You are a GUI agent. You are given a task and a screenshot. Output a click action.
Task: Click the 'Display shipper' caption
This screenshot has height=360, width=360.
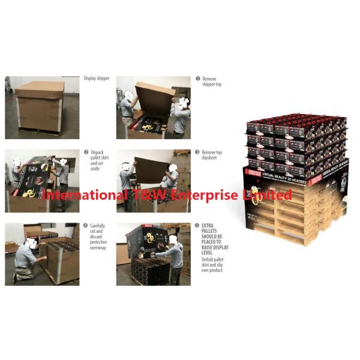click(x=97, y=79)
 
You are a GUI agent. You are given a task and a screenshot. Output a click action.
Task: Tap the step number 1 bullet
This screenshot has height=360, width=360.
click(x=197, y=79)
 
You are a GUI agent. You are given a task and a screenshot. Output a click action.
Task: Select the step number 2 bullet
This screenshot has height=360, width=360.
click(x=86, y=152)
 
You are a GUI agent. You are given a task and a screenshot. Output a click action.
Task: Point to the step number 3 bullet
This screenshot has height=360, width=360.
click(x=197, y=152)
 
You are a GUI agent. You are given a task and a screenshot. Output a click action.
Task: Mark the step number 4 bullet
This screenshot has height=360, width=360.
click(x=86, y=226)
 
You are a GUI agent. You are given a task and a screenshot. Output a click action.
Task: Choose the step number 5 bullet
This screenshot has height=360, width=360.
click(x=197, y=226)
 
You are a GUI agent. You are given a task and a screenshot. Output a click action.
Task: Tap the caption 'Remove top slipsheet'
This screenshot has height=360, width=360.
click(x=212, y=156)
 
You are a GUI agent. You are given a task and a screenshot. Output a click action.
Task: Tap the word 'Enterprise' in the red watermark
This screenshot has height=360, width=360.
click(x=207, y=195)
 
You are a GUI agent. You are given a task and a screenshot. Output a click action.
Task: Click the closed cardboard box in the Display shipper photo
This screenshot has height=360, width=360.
click(x=39, y=106)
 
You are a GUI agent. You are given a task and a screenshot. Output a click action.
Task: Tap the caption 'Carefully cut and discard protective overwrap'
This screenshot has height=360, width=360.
click(x=98, y=236)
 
